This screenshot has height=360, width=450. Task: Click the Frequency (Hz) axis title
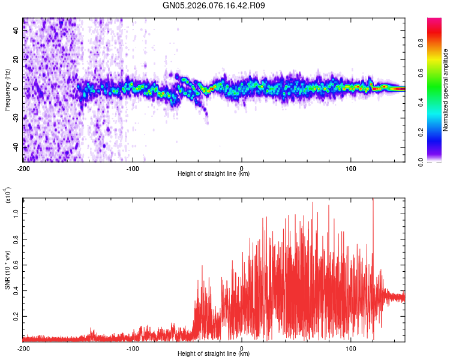7,90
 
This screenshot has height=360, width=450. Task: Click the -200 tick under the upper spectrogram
23,168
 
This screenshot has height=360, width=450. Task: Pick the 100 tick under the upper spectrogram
351,168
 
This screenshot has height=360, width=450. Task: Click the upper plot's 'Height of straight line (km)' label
214,174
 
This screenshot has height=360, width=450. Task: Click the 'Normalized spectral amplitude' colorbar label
446,90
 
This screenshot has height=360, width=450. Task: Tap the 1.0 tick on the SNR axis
17,212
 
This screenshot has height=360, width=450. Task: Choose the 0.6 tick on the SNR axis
17,263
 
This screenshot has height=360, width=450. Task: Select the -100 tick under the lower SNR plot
133,348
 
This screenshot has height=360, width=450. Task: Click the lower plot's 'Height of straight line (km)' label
214,354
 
